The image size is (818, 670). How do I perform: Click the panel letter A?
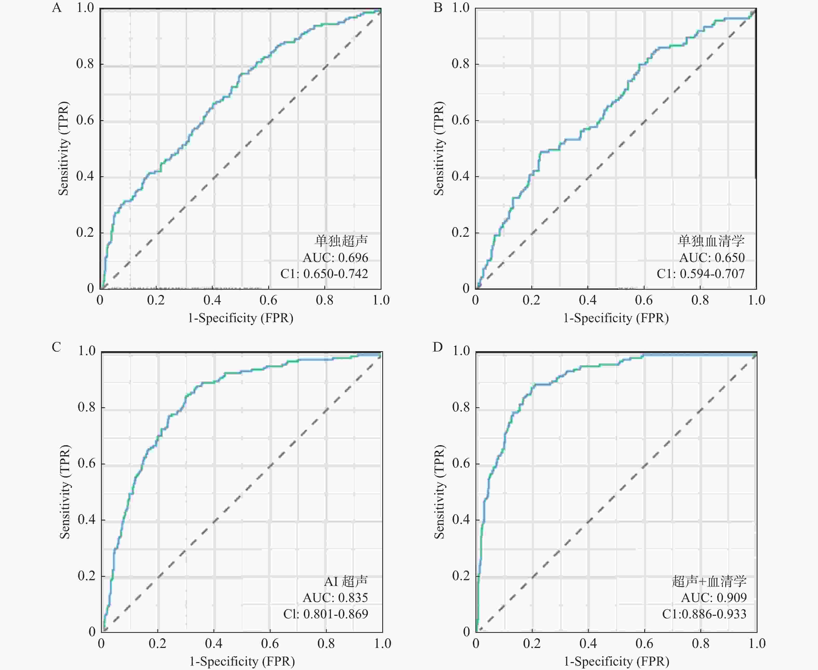tap(57, 8)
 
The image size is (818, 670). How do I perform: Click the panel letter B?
tap(438, 8)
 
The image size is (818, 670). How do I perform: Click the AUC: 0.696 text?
tap(336, 258)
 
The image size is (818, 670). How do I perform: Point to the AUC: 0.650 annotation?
tap(712, 258)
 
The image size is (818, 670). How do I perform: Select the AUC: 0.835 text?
tap(336, 597)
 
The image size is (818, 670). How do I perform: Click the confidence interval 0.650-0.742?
tap(336, 274)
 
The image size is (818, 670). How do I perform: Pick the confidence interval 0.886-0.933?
tap(714, 614)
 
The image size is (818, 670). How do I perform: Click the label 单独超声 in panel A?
tap(341, 241)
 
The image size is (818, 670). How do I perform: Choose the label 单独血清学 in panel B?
tap(711, 241)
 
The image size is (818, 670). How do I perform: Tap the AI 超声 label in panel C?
tap(346, 581)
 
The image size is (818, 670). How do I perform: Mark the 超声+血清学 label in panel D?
tap(709, 581)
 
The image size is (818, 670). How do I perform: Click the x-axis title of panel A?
tap(240, 318)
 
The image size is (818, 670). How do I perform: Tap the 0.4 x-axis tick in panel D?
tap(588, 643)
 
